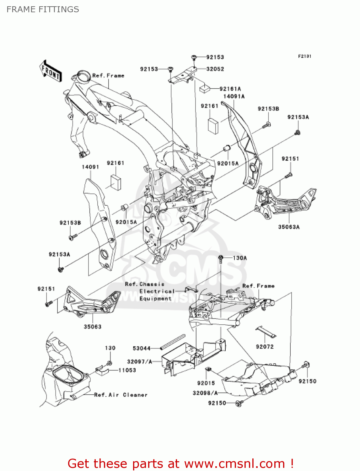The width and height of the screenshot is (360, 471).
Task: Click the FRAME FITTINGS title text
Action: (x=43, y=9)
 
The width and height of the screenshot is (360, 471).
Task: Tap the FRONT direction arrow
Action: (x=50, y=72)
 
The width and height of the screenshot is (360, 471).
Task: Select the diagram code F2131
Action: (x=304, y=56)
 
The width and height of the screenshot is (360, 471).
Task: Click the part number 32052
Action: (x=215, y=69)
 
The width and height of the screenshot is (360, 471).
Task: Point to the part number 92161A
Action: (x=230, y=89)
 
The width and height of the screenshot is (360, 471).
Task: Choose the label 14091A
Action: (x=234, y=96)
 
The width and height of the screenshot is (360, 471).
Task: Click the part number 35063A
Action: (x=289, y=227)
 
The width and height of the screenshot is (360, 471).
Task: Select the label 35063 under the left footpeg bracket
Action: (x=93, y=327)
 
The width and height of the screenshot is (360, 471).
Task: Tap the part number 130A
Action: (x=240, y=258)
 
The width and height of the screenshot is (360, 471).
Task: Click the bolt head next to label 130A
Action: (x=221, y=258)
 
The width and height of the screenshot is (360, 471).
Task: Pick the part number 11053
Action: (x=127, y=370)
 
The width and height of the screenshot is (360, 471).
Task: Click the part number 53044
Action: (x=142, y=348)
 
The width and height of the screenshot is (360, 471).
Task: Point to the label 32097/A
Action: (x=140, y=362)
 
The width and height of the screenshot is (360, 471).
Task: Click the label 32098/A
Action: (x=205, y=393)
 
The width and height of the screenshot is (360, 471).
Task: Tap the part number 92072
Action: (x=265, y=347)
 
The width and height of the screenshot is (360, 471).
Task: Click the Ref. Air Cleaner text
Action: (x=121, y=395)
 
